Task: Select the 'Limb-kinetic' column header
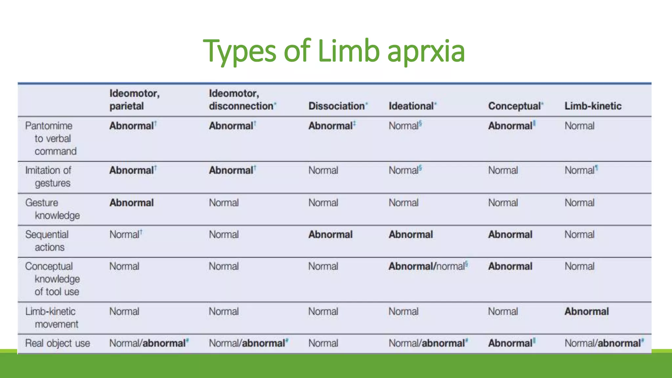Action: pyautogui.click(x=593, y=106)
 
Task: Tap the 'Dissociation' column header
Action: pyautogui.click(x=337, y=106)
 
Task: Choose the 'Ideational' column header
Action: pyautogui.click(x=411, y=106)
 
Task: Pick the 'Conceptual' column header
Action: pyautogui.click(x=514, y=106)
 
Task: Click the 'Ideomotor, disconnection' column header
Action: pyautogui.click(x=241, y=100)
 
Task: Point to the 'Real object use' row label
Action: pyautogui.click(x=57, y=343)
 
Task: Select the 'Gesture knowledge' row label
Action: pyautogui.click(x=52, y=209)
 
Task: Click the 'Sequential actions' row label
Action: pyautogui.click(x=47, y=241)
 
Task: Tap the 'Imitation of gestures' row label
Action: pyautogui.click(x=48, y=177)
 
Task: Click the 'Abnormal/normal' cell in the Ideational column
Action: pyautogui.click(x=427, y=266)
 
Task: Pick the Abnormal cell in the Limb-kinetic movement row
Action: pyautogui.click(x=587, y=311)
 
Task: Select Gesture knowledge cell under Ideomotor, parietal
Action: pyautogui.click(x=132, y=203)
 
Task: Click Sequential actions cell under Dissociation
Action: pyautogui.click(x=330, y=235)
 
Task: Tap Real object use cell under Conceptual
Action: pyautogui.click(x=510, y=343)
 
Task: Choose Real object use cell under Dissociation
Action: pyautogui.click(x=323, y=343)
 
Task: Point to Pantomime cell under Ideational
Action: pyautogui.click(x=404, y=126)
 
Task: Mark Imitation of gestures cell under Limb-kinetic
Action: pyautogui.click(x=579, y=170)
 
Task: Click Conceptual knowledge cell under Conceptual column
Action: pyautogui.click(x=510, y=266)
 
